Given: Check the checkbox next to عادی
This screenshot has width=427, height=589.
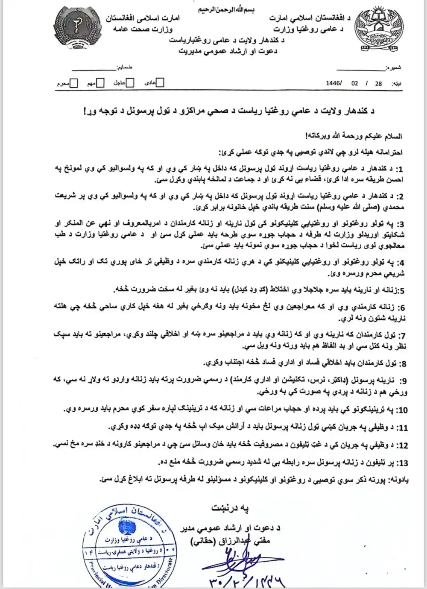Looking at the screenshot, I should (x=160, y=83).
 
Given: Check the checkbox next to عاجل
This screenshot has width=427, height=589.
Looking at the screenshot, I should (x=130, y=83).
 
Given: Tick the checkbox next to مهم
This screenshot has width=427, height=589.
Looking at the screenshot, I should (x=101, y=83).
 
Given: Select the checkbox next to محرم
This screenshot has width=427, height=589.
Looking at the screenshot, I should (x=74, y=83).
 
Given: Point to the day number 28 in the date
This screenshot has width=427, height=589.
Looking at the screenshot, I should (x=378, y=84).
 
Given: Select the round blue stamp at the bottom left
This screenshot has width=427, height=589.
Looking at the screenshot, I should (x=128, y=551).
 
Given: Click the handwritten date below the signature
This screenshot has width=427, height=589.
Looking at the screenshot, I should (x=248, y=580).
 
